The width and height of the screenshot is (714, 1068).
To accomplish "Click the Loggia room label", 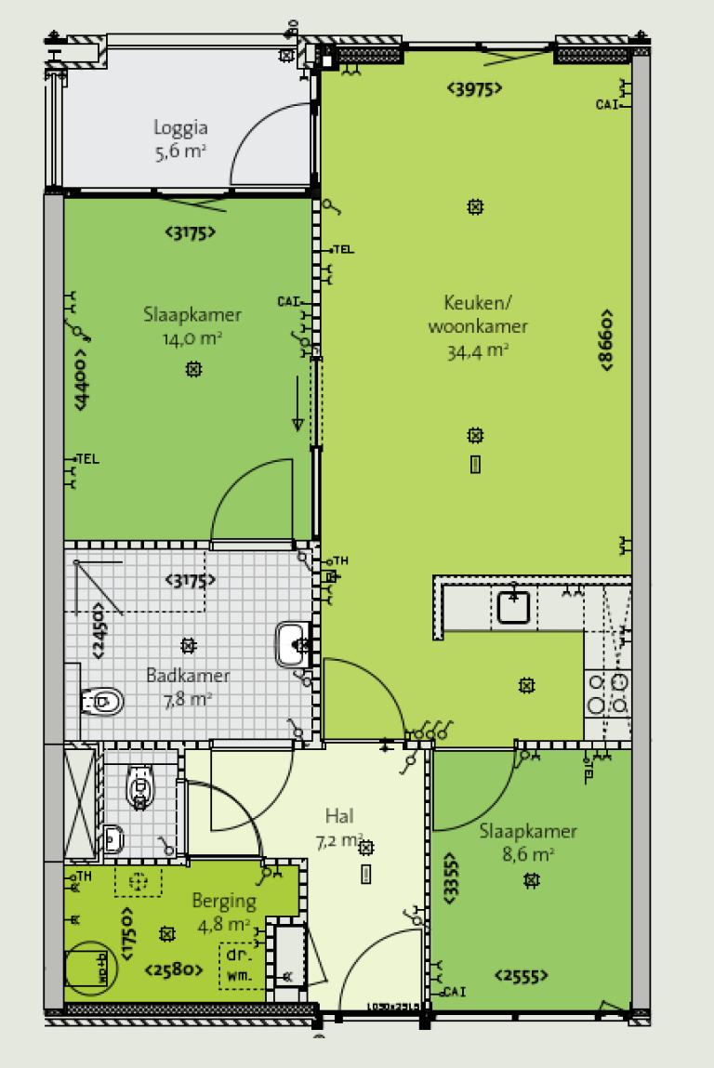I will [180, 128].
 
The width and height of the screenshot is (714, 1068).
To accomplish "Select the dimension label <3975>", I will [474, 89].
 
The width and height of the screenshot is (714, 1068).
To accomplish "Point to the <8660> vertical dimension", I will [606, 341].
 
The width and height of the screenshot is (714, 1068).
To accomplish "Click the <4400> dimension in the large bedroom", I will [82, 378].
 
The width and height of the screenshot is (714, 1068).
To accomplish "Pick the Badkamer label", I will [188, 676].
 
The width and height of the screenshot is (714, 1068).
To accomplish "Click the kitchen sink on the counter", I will [514, 607].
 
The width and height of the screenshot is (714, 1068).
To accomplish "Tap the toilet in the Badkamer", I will [102, 702].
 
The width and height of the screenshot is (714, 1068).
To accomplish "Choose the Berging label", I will [223, 900].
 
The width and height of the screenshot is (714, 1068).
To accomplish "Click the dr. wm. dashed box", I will [239, 967].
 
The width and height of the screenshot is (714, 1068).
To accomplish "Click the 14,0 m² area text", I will [192, 338].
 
